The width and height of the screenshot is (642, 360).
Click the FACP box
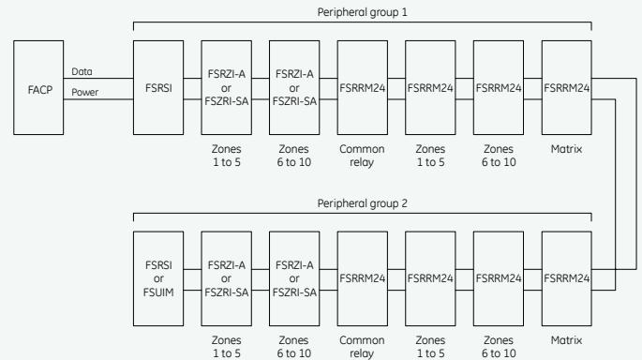click(38, 87)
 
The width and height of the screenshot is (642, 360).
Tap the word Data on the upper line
click(82, 71)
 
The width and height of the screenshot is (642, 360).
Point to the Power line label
click(84, 92)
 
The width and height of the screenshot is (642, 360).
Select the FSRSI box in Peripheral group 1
click(158, 87)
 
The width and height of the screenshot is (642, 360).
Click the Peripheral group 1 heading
click(363, 12)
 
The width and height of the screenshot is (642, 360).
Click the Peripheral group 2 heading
click(363, 203)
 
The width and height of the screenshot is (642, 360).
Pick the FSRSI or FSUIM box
click(158, 278)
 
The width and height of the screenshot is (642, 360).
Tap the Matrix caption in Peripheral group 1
click(566, 149)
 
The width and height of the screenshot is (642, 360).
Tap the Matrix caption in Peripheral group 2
click(566, 340)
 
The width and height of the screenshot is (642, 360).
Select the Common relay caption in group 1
click(362, 156)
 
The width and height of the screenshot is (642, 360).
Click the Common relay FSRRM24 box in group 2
click(363, 278)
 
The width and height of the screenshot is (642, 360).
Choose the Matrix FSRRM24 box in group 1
click(567, 87)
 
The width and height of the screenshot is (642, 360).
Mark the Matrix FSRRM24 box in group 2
click(567, 278)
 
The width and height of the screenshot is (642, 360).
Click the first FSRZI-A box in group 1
click(227, 87)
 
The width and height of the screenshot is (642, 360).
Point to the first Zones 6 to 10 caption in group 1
click(294, 156)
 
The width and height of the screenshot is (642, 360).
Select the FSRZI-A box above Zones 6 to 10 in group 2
click(294, 278)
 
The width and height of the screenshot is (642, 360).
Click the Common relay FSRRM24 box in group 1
click(363, 87)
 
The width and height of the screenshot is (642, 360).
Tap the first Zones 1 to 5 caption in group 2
click(227, 347)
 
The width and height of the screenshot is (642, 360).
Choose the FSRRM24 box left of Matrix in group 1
click(499, 87)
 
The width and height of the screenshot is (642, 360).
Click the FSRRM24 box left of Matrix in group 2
click(499, 278)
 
